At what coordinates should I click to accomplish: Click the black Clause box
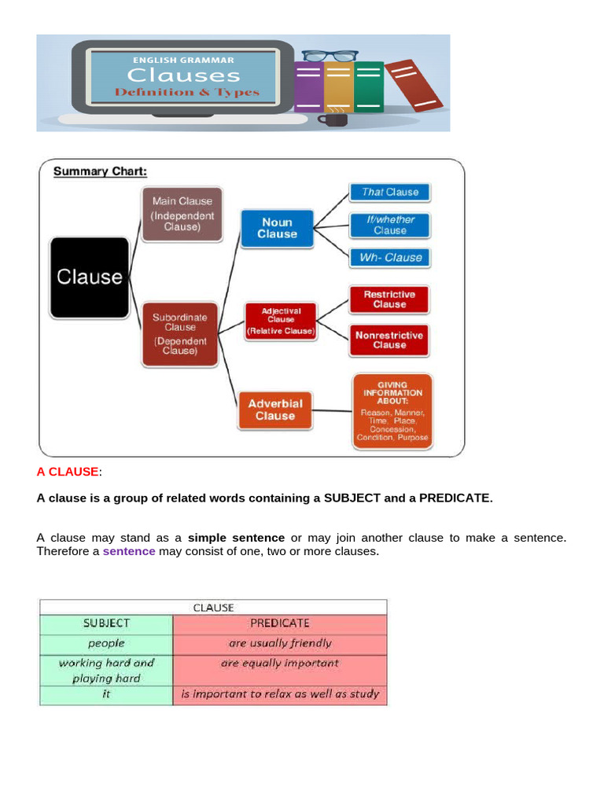pyautogui.click(x=89, y=277)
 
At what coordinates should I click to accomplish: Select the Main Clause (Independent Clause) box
pyautogui.click(x=182, y=214)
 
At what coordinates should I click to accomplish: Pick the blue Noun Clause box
pyautogui.click(x=277, y=228)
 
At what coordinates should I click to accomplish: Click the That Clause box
pyautogui.click(x=390, y=192)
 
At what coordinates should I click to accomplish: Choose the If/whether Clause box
pyautogui.click(x=390, y=225)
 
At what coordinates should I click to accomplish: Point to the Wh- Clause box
pyautogui.click(x=390, y=257)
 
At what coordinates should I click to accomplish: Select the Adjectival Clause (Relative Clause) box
pyautogui.click(x=280, y=321)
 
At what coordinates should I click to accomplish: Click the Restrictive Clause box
pyautogui.click(x=389, y=300)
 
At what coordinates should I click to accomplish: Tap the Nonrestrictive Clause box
pyautogui.click(x=389, y=340)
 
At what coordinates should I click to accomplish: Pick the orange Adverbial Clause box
pyautogui.click(x=274, y=410)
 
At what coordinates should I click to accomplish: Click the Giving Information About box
pyautogui.click(x=391, y=411)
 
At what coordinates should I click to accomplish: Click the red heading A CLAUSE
pyautogui.click(x=68, y=472)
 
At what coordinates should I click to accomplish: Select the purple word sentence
pyautogui.click(x=129, y=551)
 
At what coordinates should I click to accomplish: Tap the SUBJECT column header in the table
pyautogui.click(x=106, y=623)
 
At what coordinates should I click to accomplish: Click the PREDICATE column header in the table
pyautogui.click(x=279, y=623)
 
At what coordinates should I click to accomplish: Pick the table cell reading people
pyautogui.click(x=106, y=642)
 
